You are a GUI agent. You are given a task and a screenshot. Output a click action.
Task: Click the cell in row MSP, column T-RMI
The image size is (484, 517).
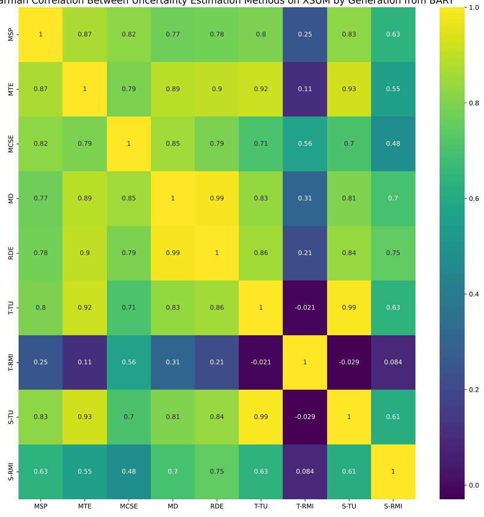[x=305, y=34]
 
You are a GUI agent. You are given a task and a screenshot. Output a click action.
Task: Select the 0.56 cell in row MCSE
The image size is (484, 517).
[x=305, y=143]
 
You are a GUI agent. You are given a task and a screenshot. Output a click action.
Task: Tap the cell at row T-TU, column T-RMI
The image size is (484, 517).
[x=305, y=307]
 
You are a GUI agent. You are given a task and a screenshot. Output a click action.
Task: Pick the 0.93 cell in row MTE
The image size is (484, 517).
[x=349, y=89]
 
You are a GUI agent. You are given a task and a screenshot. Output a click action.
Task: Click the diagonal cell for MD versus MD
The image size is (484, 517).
[x=173, y=198]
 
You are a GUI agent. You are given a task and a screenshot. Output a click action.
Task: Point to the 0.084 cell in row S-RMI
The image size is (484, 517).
[x=305, y=471]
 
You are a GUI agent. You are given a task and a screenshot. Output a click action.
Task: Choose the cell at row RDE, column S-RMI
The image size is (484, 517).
[x=393, y=253]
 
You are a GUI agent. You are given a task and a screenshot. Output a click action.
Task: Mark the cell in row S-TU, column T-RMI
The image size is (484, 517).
[x=305, y=417]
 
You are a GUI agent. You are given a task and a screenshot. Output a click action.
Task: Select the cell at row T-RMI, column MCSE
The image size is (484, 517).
[x=129, y=362]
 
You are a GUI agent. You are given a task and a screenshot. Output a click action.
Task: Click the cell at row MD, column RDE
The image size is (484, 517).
[x=217, y=198]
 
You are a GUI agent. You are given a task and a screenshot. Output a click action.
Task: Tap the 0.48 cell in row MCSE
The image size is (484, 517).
[x=393, y=143]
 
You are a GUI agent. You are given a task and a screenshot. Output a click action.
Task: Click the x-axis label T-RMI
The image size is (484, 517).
[x=305, y=507]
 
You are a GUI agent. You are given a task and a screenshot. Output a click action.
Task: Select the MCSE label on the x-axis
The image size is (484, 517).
[x=129, y=507]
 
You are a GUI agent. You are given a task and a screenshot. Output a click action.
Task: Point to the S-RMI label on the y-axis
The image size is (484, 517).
[x=11, y=471]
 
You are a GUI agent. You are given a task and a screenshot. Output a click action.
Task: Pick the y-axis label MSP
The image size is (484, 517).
[x=11, y=34]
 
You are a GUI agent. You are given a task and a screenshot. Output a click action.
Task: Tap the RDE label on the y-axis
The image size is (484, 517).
[x=11, y=253]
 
